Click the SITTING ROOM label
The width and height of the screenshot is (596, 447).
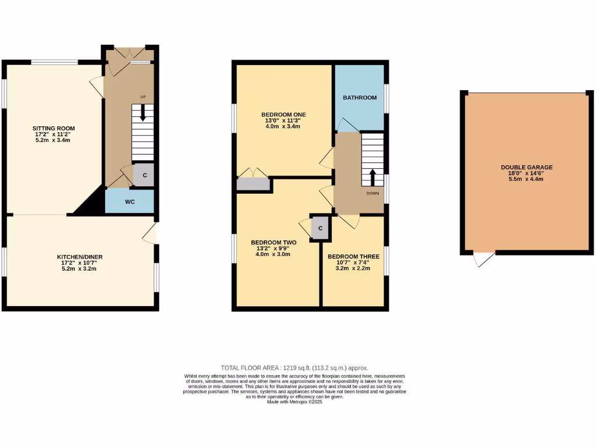[x=54, y=129]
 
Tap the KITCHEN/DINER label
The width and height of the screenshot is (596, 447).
[x=80, y=257]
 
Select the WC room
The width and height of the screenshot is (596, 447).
[x=130, y=202]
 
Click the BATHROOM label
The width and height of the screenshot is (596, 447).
[x=359, y=98]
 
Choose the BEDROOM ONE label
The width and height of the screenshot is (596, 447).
[x=283, y=114]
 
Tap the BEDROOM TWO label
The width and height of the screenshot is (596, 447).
[x=274, y=242]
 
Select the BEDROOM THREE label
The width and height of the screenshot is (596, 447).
[x=353, y=256]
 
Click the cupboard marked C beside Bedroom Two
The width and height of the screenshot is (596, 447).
[x=320, y=228]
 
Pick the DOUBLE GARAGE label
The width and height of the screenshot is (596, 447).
[x=526, y=167]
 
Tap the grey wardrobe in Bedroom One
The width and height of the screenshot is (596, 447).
[x=254, y=185]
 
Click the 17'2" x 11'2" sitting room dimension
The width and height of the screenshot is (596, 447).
[x=54, y=134]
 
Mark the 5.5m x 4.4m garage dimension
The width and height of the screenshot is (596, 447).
[x=526, y=179]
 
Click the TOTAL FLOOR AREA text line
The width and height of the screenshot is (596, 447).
[x=294, y=368]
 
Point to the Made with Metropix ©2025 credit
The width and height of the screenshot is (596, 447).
[x=294, y=402]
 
